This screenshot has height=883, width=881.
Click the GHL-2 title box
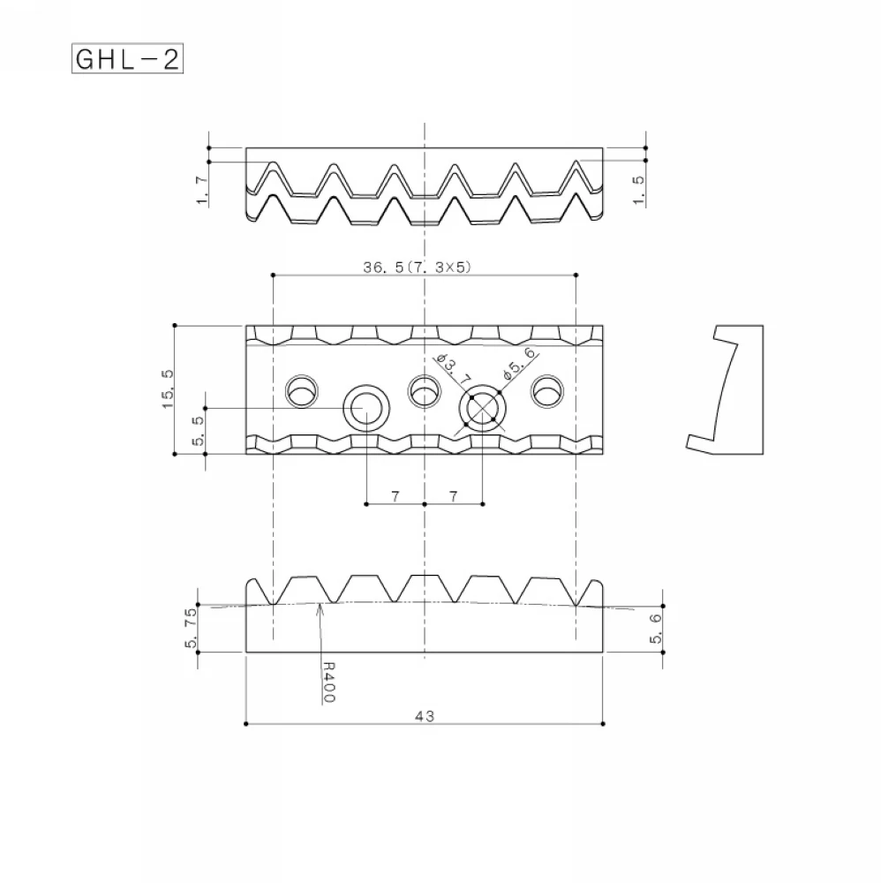click(x=128, y=58)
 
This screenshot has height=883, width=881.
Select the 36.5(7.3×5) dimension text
click(x=417, y=267)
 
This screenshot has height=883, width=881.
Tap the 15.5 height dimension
click(x=168, y=389)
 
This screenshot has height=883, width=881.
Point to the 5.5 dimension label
click(x=198, y=431)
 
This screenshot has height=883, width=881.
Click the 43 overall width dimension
click(x=425, y=716)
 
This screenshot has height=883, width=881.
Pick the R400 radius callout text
click(x=328, y=682)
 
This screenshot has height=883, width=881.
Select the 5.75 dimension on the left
click(x=191, y=627)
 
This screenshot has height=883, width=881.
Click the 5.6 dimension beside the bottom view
click(x=656, y=629)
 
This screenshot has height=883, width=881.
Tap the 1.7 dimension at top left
click(x=202, y=191)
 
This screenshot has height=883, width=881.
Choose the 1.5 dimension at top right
click(x=639, y=191)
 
